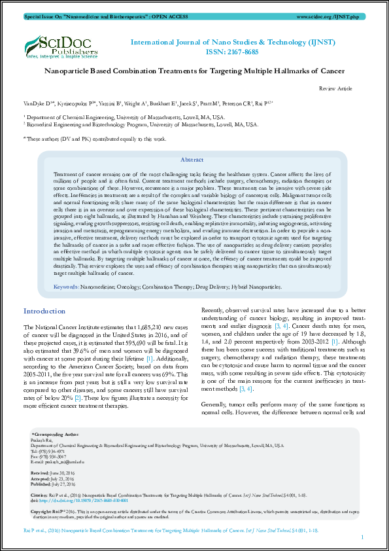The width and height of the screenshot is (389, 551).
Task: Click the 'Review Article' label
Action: tap(335, 88)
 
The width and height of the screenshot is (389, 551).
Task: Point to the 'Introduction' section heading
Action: tap(44, 311)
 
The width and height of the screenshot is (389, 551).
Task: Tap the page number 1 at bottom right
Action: tap(362, 537)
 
